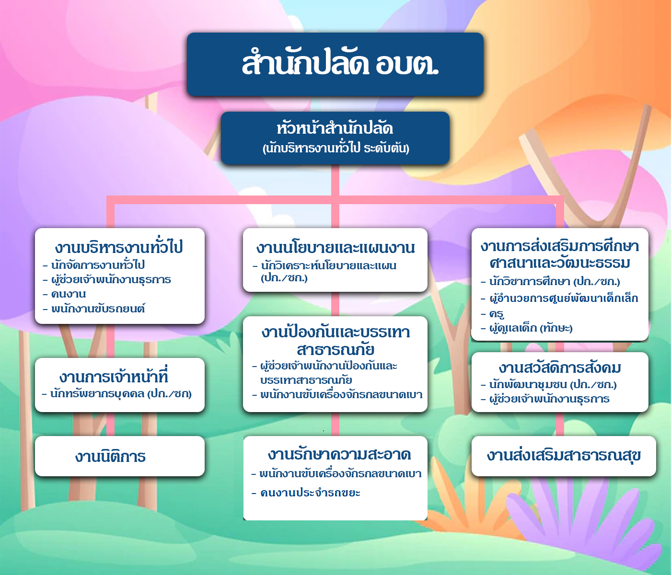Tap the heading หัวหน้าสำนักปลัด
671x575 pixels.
click(x=335, y=128)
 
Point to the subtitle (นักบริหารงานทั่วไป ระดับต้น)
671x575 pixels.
click(x=335, y=148)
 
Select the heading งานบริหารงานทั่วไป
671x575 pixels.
click(x=119, y=247)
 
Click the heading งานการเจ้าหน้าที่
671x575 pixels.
click(x=114, y=377)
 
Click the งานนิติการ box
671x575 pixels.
click(x=120, y=456)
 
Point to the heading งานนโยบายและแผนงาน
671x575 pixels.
click(x=335, y=247)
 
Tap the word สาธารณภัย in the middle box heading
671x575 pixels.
click(x=335, y=349)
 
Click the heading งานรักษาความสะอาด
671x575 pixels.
click(x=339, y=454)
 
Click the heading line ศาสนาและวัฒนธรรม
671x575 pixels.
click(x=560, y=263)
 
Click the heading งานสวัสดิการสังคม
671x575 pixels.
click(x=560, y=368)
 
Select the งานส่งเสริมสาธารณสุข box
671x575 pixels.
click(x=564, y=456)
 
